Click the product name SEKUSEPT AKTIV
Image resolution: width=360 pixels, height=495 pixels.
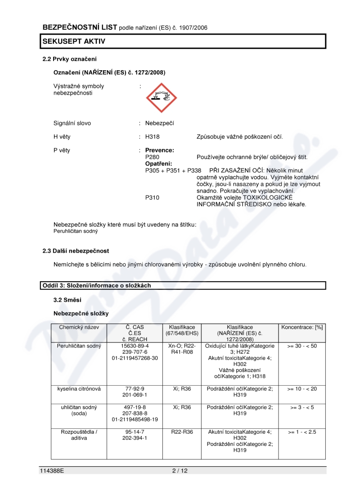pos(74,41)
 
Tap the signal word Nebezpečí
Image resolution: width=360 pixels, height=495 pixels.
pos(159,123)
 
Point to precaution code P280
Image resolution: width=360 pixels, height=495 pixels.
pos(153,157)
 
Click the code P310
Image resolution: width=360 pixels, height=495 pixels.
pos(153,198)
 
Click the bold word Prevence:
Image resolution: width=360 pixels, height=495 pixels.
pos(159,150)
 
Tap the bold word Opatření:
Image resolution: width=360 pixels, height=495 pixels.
pos(158,164)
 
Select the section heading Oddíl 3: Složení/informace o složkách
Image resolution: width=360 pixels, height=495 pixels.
pos(97,285)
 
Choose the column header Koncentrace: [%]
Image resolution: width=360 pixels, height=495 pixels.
pos(302,327)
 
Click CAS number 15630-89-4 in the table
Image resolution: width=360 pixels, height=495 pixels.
pos(135,346)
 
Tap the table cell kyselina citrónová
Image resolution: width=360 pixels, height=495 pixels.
pos(79,388)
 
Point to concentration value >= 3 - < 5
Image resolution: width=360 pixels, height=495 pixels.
pos(302,407)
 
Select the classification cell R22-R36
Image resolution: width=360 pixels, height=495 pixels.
pos(182,432)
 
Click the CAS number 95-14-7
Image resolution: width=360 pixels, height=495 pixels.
pos(135,432)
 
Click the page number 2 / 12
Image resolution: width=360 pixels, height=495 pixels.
pos(180,471)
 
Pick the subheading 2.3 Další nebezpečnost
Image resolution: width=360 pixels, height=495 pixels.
pos(76,251)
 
